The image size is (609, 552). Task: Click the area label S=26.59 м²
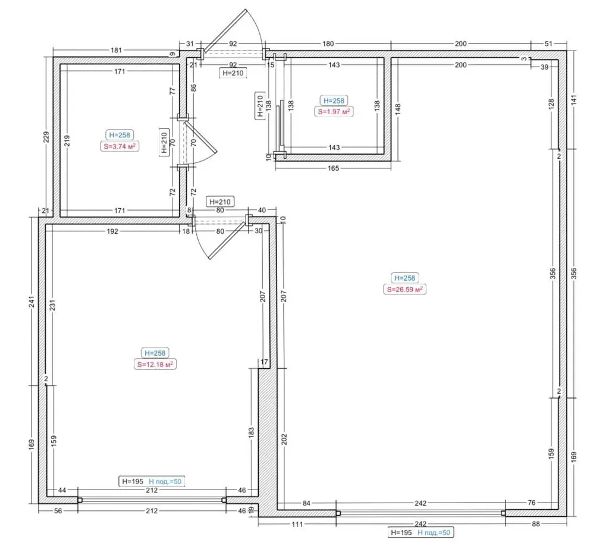click(404, 290)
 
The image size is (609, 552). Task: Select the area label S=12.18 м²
click(155, 365)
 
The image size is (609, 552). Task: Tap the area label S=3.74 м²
click(120, 146)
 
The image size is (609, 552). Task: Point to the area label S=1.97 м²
click(334, 112)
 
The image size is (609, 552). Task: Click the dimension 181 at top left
click(116, 50)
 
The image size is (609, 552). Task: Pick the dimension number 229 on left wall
click(46, 137)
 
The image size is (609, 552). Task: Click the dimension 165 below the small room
click(333, 168)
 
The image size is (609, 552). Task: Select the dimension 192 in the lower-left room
click(112, 231)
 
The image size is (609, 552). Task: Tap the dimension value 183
click(251, 432)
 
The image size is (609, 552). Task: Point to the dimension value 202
click(284, 440)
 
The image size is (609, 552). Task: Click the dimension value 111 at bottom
click(297, 525)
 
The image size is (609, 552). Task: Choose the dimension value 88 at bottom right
click(536, 524)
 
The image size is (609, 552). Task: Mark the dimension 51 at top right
click(548, 44)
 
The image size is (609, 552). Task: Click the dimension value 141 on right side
click(574, 100)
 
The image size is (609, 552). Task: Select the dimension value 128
click(551, 104)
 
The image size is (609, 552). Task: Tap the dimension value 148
click(398, 109)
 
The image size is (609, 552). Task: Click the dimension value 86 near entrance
click(194, 87)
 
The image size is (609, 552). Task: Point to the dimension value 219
click(67, 140)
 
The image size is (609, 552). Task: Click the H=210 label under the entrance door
click(233, 73)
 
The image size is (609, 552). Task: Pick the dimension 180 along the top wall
click(328, 44)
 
